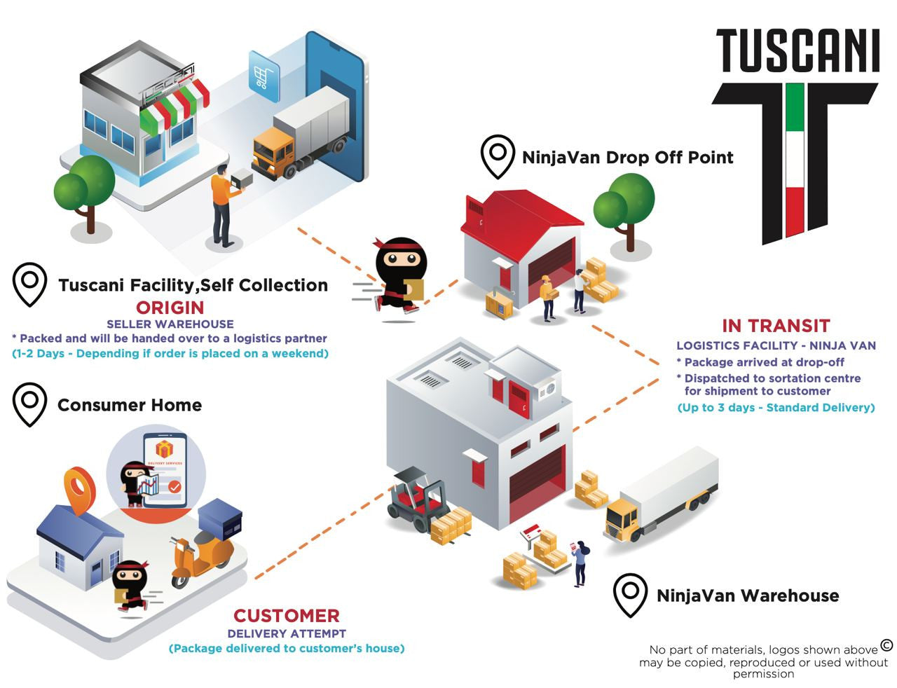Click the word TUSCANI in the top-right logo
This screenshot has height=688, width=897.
click(x=797, y=50)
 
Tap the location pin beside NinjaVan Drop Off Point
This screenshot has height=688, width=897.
click(x=498, y=156)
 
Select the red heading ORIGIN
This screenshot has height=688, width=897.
click(x=170, y=307)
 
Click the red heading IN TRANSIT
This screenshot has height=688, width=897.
click(x=776, y=326)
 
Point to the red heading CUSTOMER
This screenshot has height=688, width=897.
click(x=286, y=616)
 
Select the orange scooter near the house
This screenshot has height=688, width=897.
click(x=200, y=553)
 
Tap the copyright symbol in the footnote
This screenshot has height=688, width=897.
click(x=886, y=645)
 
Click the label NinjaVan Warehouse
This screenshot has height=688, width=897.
click(x=747, y=596)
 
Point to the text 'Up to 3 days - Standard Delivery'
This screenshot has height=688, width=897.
click(x=776, y=407)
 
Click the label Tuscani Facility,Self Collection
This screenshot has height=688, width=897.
click(x=193, y=285)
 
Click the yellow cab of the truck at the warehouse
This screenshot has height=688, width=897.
click(x=622, y=519)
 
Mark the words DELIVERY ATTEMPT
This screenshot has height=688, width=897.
click(x=286, y=633)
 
